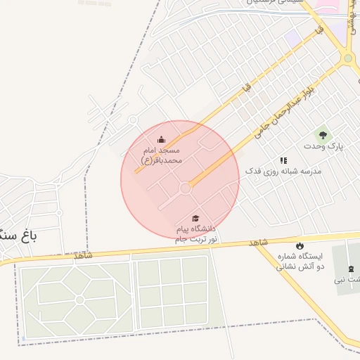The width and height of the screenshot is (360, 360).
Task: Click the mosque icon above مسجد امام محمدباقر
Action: [x=162, y=139]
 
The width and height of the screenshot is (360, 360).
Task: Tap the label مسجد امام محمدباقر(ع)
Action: [x=162, y=155]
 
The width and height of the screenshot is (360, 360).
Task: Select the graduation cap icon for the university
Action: [x=195, y=219]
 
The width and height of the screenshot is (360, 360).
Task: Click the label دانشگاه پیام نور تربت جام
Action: [x=196, y=235]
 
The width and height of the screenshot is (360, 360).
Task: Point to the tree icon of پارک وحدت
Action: [x=323, y=134]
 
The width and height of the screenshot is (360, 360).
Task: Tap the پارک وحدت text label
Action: [x=323, y=146]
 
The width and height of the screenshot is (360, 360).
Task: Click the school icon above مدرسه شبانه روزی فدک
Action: [x=283, y=160]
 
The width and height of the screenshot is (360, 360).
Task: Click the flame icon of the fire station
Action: [x=301, y=245]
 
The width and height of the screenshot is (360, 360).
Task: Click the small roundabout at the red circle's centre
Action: [x=186, y=188]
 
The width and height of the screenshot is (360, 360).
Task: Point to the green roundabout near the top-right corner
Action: [x=348, y=58]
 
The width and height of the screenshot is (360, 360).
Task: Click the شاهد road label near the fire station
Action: [x=259, y=242]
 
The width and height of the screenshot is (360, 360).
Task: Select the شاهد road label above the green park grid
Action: [x=83, y=255]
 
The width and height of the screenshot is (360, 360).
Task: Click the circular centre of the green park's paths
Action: [x=79, y=300]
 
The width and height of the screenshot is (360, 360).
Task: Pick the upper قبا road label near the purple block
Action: [x=321, y=32]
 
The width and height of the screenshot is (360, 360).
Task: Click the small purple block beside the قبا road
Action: [x=292, y=35]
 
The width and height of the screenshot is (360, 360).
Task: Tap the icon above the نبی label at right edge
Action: [x=351, y=269]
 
